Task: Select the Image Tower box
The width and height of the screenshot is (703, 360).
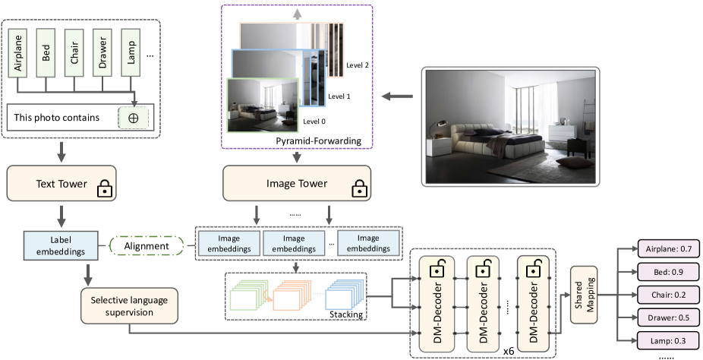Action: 297,184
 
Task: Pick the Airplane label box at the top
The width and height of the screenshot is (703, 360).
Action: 20,53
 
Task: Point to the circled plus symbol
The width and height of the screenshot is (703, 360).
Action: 134,118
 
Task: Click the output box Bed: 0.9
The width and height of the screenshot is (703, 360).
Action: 657,271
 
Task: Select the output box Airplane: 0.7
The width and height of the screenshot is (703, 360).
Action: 657,248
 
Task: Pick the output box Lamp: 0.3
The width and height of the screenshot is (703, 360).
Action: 657,340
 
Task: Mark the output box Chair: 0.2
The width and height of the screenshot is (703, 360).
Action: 657,295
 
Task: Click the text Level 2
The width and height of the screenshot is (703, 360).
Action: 356,67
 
